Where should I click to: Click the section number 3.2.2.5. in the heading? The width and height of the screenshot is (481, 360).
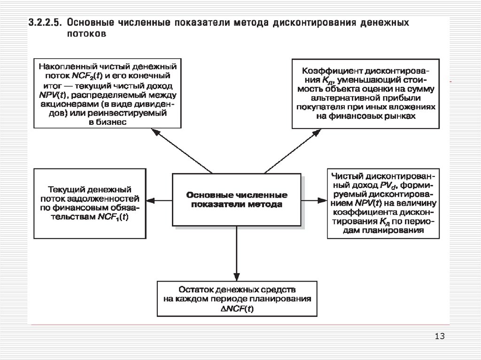point(47,23)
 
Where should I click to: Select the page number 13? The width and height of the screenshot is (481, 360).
point(440,336)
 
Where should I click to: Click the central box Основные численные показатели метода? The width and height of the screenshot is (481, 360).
point(237,199)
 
